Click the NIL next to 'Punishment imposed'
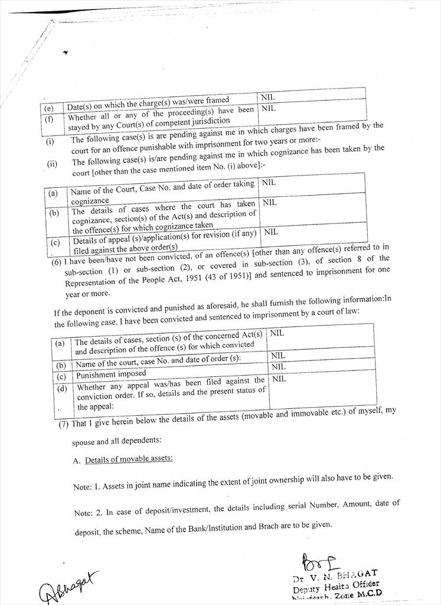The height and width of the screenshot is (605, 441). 278,367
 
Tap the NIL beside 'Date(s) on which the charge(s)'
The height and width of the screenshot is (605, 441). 268,97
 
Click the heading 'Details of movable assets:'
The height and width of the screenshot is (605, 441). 129,460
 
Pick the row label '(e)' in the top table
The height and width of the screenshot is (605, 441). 49,109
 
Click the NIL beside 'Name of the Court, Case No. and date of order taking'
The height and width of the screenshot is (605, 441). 269,183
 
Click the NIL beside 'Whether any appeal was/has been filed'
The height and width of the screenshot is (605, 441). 279,379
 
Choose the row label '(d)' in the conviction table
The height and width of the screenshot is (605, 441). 61,388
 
